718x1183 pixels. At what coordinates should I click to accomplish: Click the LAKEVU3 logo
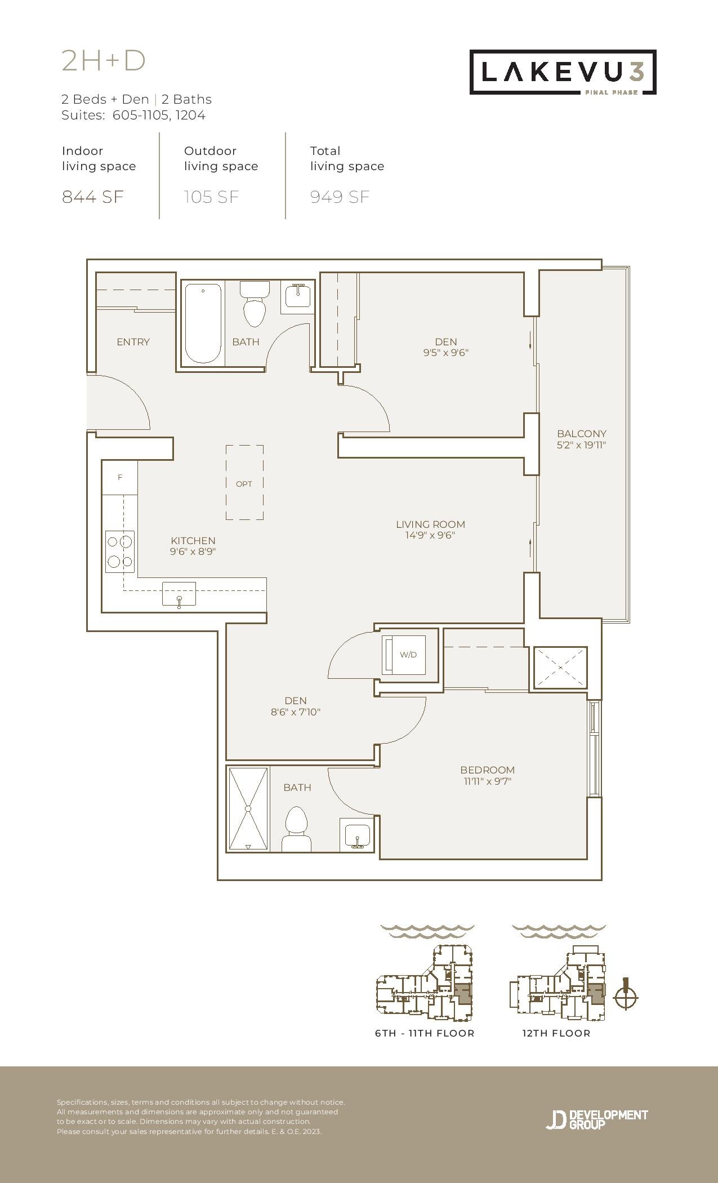pos(563,72)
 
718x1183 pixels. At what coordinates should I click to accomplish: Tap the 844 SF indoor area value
pos(92,197)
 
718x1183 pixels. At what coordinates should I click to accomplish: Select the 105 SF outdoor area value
pos(212,197)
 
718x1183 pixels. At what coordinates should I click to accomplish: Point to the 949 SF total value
pos(340,197)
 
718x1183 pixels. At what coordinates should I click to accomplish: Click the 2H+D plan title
pos(104,61)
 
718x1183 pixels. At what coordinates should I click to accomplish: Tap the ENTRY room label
pos(133,342)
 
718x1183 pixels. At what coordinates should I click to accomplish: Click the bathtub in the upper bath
pos(203,324)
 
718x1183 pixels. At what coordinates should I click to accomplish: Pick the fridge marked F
pos(120,478)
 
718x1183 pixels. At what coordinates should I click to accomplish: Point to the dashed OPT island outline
pos(244,482)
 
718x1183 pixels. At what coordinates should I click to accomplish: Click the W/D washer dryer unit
pos(404,655)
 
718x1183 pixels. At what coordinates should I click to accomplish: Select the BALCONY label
pos(582,434)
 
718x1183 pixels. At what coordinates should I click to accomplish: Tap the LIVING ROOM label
pos(430,524)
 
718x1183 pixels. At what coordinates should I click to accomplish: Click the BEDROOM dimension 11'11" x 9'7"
pos(488,781)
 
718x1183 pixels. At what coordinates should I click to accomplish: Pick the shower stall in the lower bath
pos(248,809)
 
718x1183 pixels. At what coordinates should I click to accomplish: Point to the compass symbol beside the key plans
pos(626,997)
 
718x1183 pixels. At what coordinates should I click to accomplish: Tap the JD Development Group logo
pos(597,1119)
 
